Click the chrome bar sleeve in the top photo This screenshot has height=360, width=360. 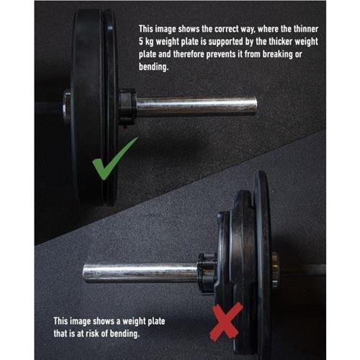[194, 106]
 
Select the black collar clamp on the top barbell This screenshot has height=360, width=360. [127, 106]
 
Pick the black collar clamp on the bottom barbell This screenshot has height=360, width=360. [207, 272]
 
